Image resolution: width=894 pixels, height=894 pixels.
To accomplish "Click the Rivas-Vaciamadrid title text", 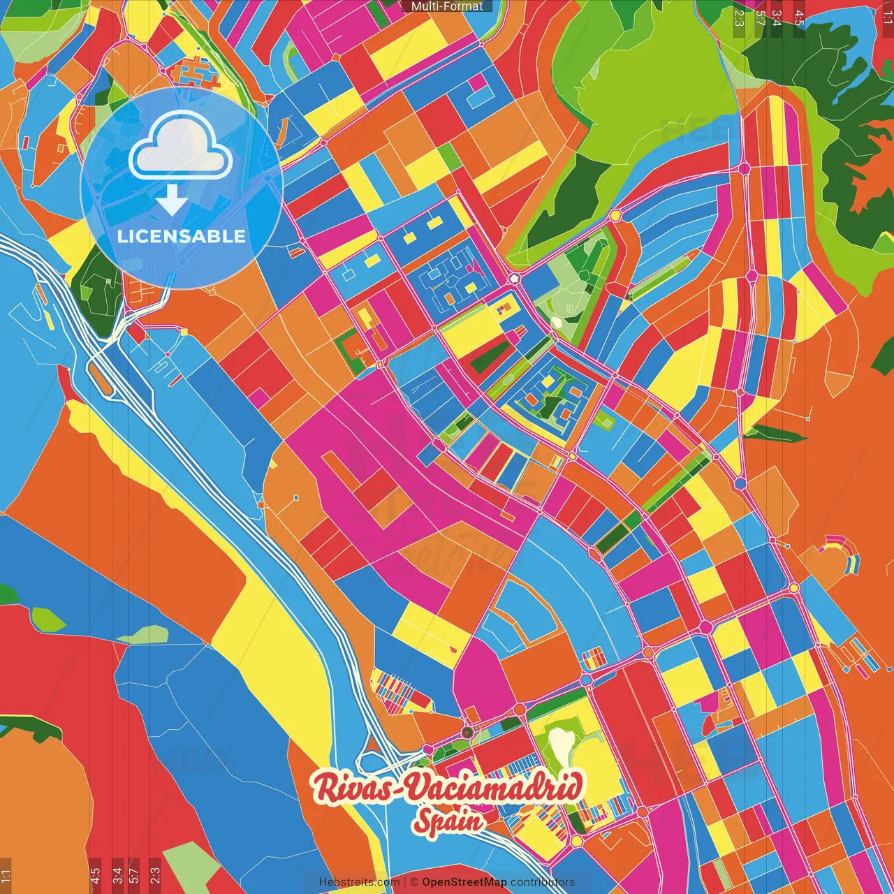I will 448,788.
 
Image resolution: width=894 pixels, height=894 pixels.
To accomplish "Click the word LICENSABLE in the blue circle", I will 182,236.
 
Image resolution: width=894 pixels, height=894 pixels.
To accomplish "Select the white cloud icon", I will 180,147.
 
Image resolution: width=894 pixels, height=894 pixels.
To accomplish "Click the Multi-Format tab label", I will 447,6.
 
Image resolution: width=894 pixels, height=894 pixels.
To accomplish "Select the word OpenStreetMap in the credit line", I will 464,882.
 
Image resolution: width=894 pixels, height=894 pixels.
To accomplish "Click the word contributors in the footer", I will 543,882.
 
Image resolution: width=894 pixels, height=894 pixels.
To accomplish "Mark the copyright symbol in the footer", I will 413,882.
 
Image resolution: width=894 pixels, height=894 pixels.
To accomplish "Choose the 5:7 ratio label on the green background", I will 759,15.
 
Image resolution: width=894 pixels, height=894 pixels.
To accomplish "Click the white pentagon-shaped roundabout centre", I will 515,278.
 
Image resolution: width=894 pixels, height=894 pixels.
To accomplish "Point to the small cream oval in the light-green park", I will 557,323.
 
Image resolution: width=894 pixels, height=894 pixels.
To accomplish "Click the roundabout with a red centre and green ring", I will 467,732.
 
